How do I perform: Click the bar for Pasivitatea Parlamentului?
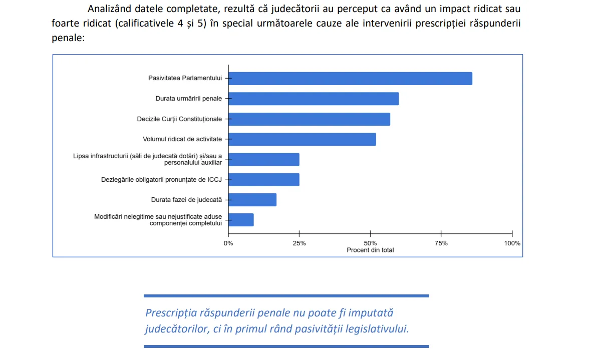(350, 79)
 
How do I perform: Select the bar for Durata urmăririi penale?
(314, 99)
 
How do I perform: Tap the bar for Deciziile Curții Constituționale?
(309, 119)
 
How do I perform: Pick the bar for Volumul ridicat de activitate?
(302, 139)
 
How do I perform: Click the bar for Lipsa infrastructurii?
(264, 159)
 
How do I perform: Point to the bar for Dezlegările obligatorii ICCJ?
(264, 179)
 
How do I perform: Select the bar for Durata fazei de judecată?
(252, 200)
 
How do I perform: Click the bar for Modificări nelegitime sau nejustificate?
(241, 220)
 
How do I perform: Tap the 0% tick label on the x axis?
(228, 243)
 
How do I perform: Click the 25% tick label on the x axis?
(299, 243)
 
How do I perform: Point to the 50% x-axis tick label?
(370, 243)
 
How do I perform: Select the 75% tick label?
(441, 243)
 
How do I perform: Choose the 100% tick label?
(512, 243)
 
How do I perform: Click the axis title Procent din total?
(370, 250)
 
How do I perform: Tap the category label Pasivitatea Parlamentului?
(185, 78)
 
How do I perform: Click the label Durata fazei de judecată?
(186, 200)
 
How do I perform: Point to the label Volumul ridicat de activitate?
(182, 139)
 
